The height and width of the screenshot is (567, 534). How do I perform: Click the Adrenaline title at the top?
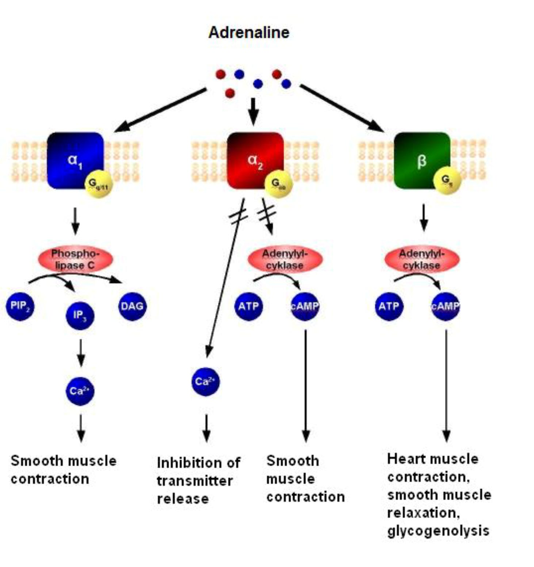249,32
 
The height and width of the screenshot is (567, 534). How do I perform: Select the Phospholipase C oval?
75,259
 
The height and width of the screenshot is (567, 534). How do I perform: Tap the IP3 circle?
80,315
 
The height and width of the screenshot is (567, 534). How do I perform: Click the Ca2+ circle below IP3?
80,391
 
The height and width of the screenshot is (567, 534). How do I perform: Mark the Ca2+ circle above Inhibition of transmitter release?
206,382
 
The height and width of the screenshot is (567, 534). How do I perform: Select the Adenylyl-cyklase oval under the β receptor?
422,259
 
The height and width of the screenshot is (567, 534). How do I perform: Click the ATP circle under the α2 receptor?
248,306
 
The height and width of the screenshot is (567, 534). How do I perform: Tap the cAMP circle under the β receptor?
445,306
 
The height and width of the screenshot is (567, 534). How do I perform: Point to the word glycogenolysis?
438,530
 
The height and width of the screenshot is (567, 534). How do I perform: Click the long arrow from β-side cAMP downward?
446,384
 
